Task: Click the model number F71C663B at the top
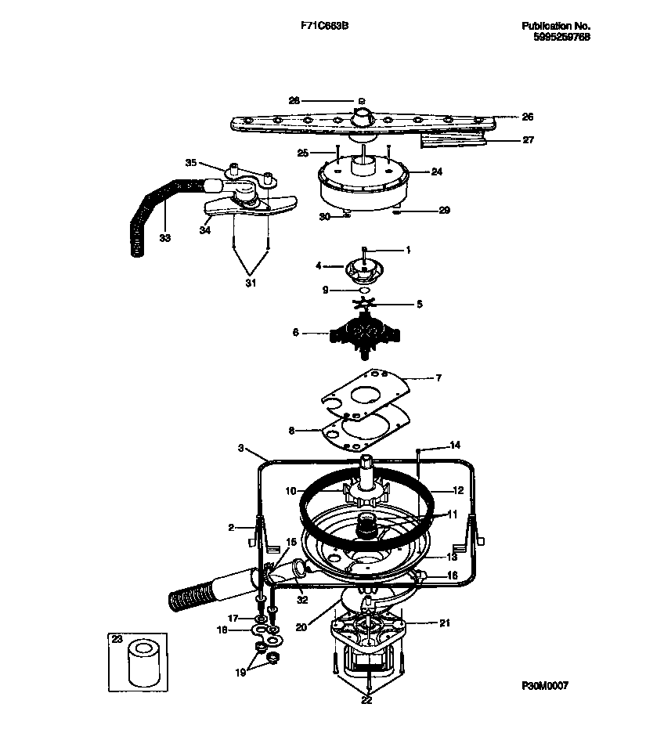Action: click(x=324, y=26)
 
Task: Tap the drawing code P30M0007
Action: click(x=545, y=685)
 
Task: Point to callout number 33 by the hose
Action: click(x=164, y=238)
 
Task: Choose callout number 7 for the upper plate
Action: click(x=438, y=378)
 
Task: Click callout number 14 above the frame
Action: click(x=455, y=446)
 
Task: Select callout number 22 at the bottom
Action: click(x=366, y=701)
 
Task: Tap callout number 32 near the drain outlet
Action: click(x=301, y=600)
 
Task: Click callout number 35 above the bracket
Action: click(x=190, y=163)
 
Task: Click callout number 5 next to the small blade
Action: click(x=419, y=304)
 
